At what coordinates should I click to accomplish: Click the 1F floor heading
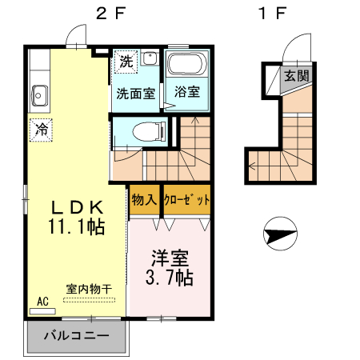click(272, 13)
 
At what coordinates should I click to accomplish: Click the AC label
click(43, 302)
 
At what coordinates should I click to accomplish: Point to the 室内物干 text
click(89, 288)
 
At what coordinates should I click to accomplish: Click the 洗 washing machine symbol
click(126, 62)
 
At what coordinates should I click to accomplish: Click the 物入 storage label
click(143, 199)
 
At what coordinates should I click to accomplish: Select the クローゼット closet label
click(186, 199)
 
